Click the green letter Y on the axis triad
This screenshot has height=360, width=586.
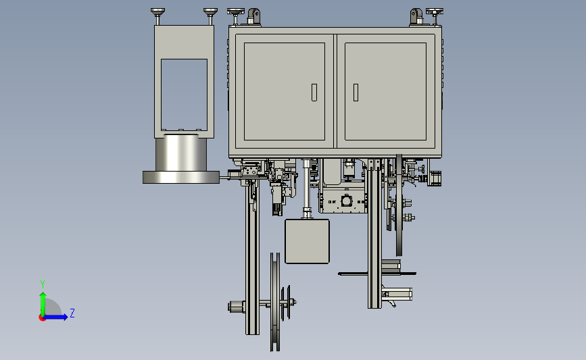click(43, 284)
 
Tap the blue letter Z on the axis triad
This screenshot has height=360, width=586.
click(72, 313)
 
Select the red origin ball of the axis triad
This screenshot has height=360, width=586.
click(42, 317)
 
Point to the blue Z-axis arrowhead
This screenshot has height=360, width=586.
click(65, 317)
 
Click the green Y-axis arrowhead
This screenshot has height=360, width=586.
click(43, 296)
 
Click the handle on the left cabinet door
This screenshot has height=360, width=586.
click(314, 93)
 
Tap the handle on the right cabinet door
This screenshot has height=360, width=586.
click(356, 93)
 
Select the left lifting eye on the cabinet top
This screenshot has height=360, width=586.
click(253, 16)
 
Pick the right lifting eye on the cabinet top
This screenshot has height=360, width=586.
click(416, 16)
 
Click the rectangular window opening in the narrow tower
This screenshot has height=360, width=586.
click(184, 95)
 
